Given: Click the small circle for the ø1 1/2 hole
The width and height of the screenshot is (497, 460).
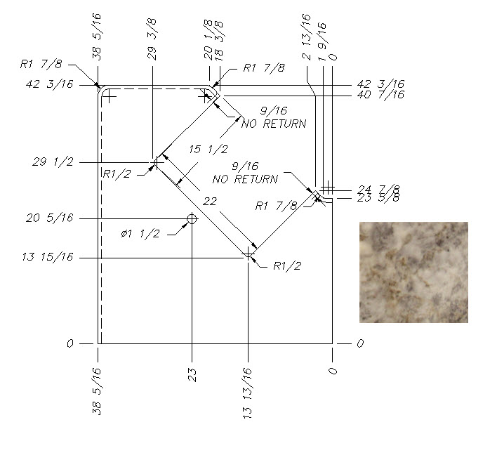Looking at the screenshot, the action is coord(192,218).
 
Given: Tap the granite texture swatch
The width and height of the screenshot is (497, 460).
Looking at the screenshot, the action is coord(413,272).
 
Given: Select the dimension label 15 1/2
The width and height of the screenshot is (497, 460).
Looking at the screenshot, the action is coord(208,150).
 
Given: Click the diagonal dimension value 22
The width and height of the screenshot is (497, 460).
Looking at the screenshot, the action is coord(210,202).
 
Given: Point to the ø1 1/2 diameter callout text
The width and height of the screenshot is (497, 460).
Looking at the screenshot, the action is coord(140,234).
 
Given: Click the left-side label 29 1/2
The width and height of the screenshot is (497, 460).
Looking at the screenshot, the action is coord(53,162).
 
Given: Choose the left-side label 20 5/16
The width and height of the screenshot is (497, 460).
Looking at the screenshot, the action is coord(49,218).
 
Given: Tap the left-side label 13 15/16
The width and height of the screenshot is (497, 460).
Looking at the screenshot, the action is coord(48,257).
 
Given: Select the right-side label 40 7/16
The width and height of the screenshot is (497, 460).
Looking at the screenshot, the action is coord(380,95).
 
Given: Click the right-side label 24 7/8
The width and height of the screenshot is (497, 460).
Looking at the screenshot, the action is coord(379,190).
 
